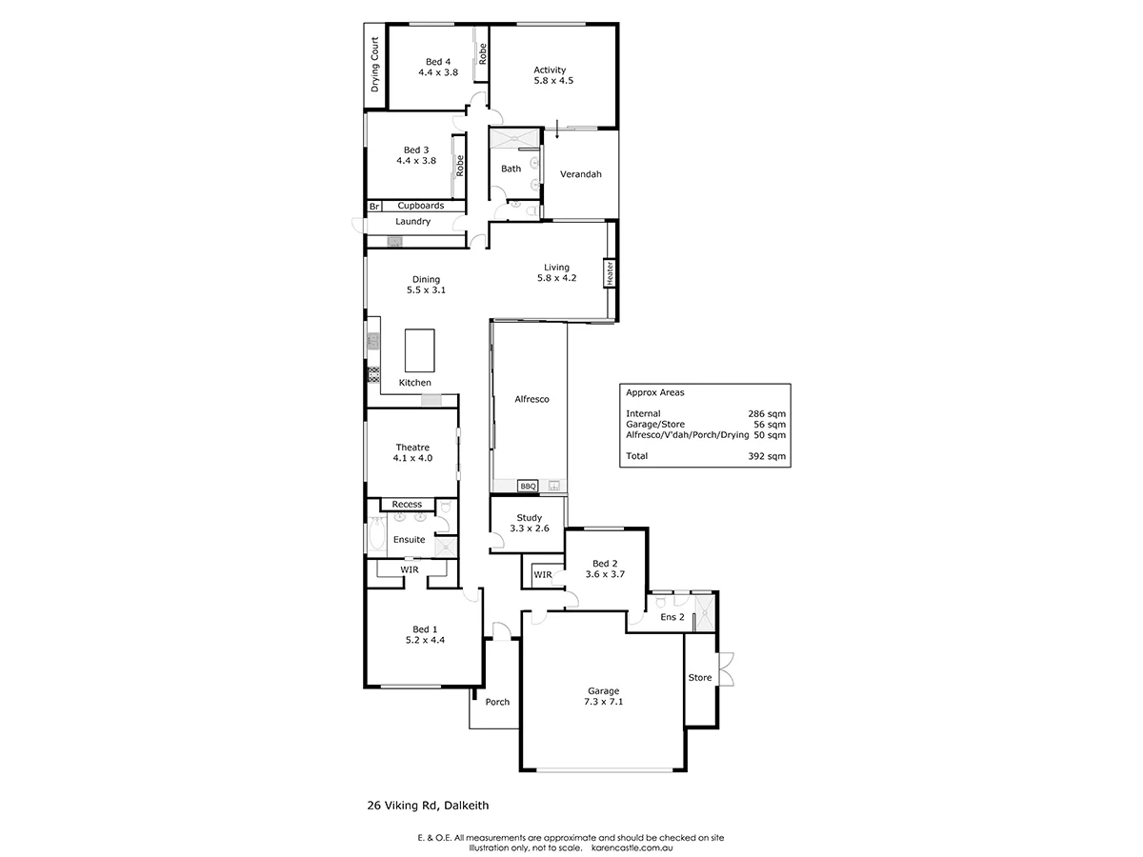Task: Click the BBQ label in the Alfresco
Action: click(x=528, y=486)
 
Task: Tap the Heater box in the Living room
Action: click(x=609, y=272)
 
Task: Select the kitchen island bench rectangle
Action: click(x=418, y=350)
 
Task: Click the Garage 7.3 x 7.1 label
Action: click(x=603, y=696)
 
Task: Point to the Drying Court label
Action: click(x=375, y=64)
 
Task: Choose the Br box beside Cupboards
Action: click(x=373, y=206)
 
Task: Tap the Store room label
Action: click(x=700, y=678)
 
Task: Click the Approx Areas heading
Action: click(x=654, y=392)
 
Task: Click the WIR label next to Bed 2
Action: click(x=542, y=574)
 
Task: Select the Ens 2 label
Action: click(x=672, y=617)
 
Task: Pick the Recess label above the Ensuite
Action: click(x=407, y=504)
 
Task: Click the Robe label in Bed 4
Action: click(x=483, y=53)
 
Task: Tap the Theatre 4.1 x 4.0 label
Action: click(x=412, y=452)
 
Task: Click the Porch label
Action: click(x=497, y=702)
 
